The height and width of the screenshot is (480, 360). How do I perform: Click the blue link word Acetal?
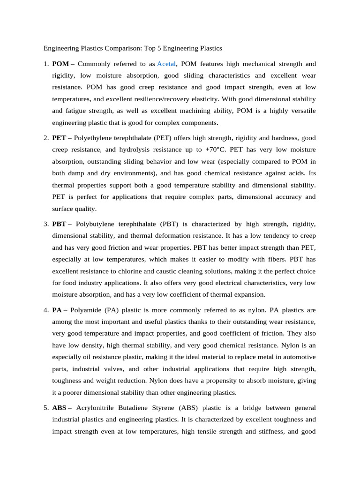[166, 64]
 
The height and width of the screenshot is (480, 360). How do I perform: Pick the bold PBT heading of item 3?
[59, 225]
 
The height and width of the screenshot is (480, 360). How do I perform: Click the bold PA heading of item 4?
[57, 310]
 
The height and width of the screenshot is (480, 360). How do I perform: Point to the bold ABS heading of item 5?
[60, 408]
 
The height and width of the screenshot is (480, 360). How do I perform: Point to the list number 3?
[46, 225]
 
